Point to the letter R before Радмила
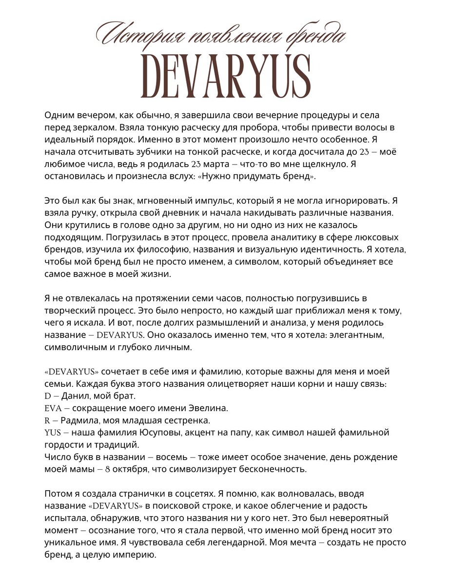[47, 420]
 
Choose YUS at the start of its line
[53, 433]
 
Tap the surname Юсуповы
[157, 433]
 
